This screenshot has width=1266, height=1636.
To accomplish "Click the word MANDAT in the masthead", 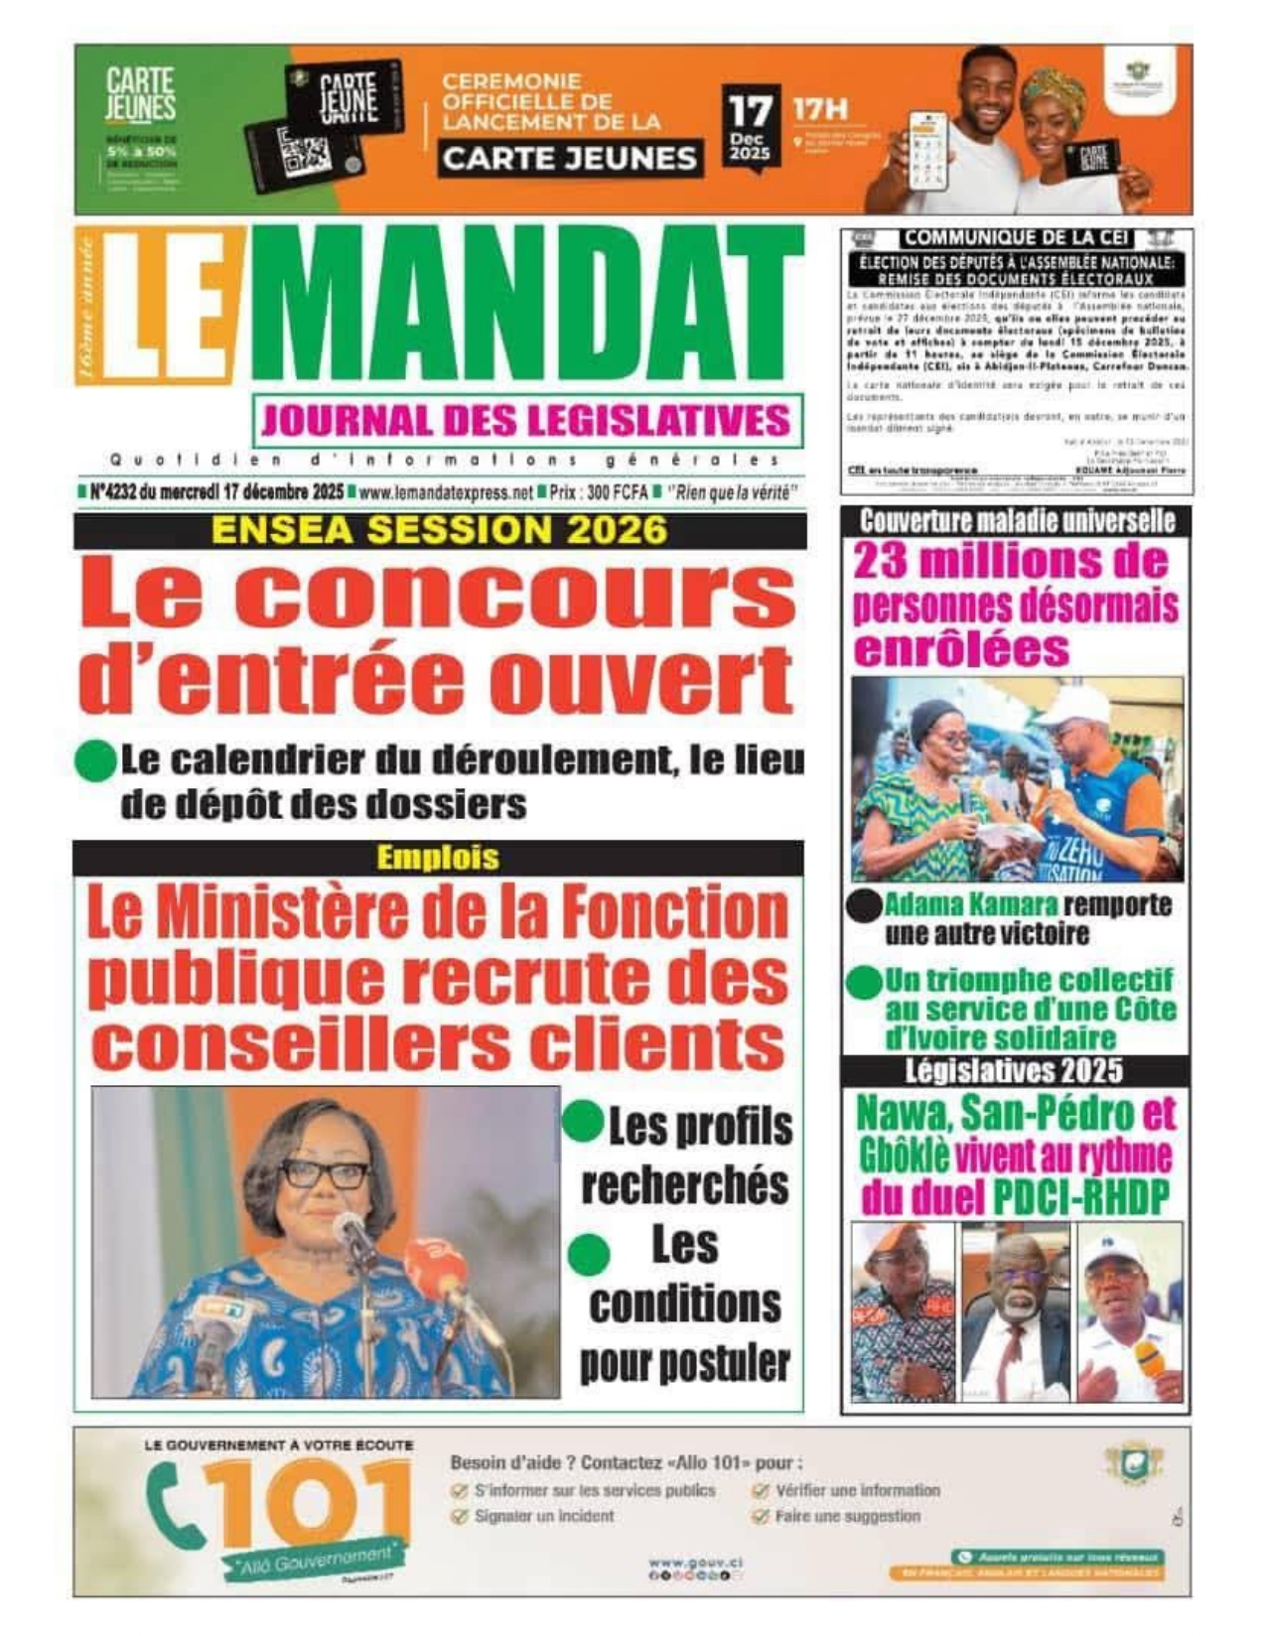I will click(x=526, y=303).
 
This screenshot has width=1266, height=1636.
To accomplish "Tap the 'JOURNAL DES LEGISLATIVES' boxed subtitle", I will click(x=526, y=421).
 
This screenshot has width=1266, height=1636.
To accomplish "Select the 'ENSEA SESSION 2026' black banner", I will click(x=439, y=531).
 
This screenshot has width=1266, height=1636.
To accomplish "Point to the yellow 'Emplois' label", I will click(x=438, y=858).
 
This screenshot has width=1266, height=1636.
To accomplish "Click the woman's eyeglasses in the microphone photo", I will click(x=323, y=1174).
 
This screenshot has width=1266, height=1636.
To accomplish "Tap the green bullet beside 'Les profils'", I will click(x=584, y=1123).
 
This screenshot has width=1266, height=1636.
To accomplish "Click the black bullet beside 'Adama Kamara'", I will click(x=863, y=906).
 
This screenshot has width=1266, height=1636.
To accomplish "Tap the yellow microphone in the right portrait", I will click(x=1150, y=1359).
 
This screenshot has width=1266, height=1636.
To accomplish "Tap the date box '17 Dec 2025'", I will click(x=750, y=129).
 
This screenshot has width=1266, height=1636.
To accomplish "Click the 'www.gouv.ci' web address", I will click(x=695, y=1563).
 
